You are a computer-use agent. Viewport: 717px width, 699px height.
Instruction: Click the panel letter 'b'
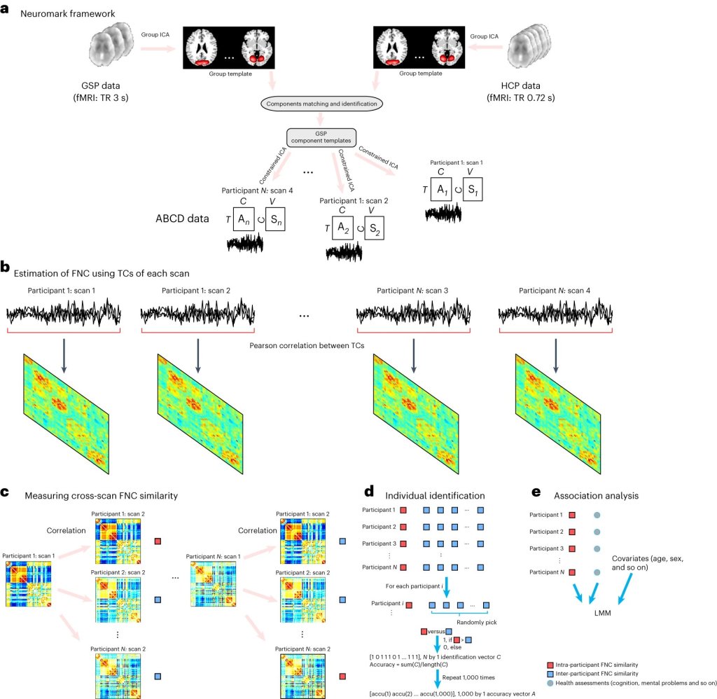(x=6, y=267)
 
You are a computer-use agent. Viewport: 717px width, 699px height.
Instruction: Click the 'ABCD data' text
(x=182, y=218)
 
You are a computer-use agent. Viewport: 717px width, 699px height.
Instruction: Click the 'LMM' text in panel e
(x=596, y=613)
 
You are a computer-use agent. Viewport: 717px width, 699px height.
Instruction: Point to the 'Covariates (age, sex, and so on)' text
(x=646, y=563)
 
